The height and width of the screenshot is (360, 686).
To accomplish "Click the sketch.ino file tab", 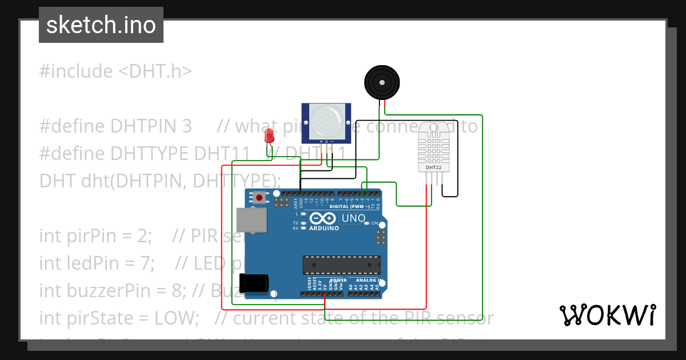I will pyautogui.click(x=101, y=25).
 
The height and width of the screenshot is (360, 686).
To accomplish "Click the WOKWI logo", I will pyautogui.click(x=607, y=315).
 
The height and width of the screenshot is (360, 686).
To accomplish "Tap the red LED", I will pyautogui.click(x=269, y=136).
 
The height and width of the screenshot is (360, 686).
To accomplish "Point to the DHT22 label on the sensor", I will pyautogui.click(x=433, y=167).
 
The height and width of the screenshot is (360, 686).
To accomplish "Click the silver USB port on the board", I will pyautogui.click(x=252, y=220).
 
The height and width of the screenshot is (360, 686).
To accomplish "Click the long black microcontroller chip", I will pyautogui.click(x=341, y=265).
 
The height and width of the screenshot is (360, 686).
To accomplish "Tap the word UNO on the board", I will pyautogui.click(x=353, y=218).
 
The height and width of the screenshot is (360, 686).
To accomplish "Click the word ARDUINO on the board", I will pyautogui.click(x=324, y=228).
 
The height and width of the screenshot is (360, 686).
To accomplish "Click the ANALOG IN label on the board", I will pyautogui.click(x=369, y=281).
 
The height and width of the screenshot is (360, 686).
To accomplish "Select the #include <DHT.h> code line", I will pyautogui.click(x=115, y=71).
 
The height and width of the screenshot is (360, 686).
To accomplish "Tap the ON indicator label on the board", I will pyautogui.click(x=375, y=223).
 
